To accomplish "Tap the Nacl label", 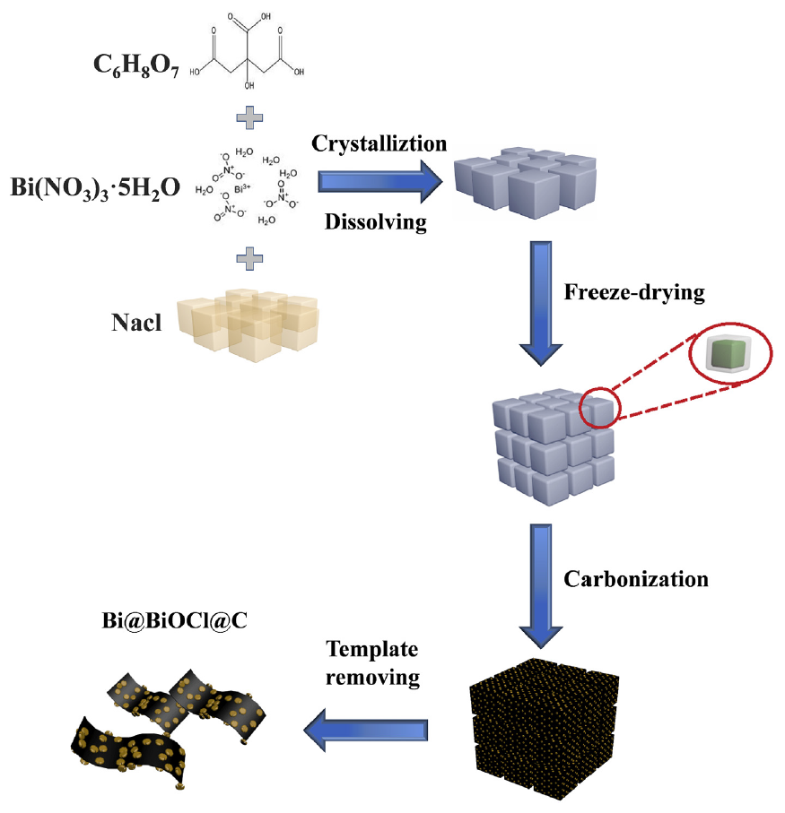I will pyautogui.click(x=136, y=322).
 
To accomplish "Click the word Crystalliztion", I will pyautogui.click(x=379, y=143).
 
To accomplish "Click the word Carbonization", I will pyautogui.click(x=635, y=579).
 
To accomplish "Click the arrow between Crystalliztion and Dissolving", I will pyautogui.click(x=380, y=182).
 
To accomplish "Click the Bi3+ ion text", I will pyautogui.click(x=241, y=189).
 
